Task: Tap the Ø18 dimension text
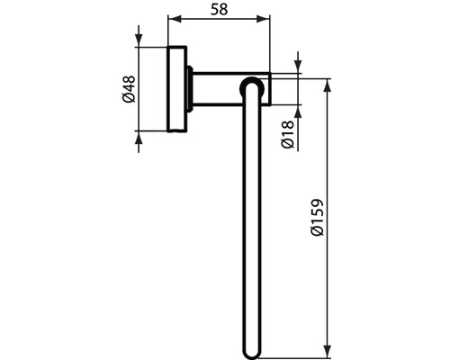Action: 285,135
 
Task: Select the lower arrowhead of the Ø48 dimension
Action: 139,137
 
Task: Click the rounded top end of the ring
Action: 255,85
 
